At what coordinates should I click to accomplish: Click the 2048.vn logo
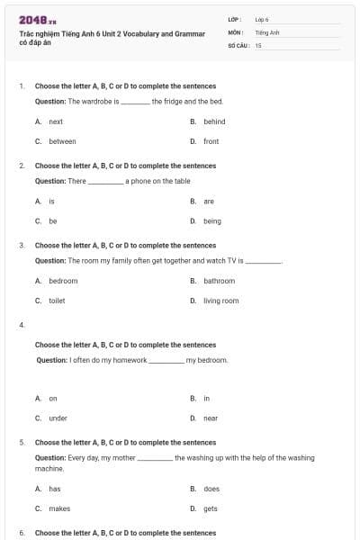tap(38, 20)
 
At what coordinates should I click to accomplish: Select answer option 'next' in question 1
tap(56, 121)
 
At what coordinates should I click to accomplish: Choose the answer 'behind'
tap(214, 121)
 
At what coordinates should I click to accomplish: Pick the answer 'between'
tap(62, 141)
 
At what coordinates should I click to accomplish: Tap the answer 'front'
tap(211, 141)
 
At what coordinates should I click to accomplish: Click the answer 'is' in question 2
tap(51, 202)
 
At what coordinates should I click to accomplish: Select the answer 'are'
tap(209, 202)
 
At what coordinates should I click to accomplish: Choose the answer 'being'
tap(211, 220)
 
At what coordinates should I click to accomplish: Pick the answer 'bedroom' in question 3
tap(63, 281)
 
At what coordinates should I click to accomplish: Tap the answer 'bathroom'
tap(219, 281)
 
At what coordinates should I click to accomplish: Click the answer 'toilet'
tap(57, 301)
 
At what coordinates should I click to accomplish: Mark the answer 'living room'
tap(220, 301)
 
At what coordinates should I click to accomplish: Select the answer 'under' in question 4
tap(58, 418)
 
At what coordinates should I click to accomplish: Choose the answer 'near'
tap(211, 418)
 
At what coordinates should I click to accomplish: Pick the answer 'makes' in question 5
tap(59, 508)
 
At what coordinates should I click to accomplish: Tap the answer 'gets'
tap(211, 508)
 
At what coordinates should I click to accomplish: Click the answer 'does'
tap(211, 489)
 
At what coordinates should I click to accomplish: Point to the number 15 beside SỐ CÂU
tap(258, 44)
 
